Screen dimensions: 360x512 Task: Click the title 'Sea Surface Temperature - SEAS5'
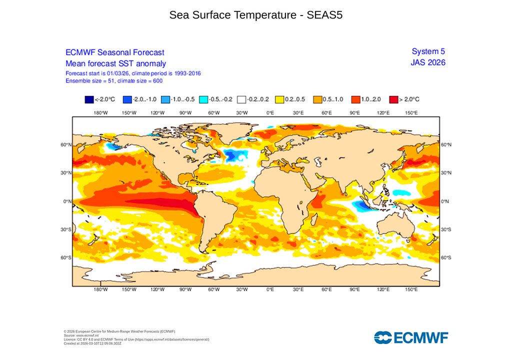click(x=255, y=15)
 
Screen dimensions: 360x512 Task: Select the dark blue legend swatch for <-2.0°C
click(x=89, y=99)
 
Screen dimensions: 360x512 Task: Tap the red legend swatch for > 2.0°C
click(x=394, y=99)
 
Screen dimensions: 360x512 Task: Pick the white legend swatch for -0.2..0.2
click(x=242, y=99)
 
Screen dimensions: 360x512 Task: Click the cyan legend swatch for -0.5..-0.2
click(x=203, y=99)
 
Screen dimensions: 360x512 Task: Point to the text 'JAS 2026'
click(x=427, y=62)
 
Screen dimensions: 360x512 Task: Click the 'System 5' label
click(x=428, y=51)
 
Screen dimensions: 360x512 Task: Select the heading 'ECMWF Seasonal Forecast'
click(x=114, y=52)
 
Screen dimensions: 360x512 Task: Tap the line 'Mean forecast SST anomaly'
click(x=115, y=63)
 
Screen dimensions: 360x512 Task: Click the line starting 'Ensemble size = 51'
click(x=113, y=80)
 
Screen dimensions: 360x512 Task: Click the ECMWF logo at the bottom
click(x=410, y=337)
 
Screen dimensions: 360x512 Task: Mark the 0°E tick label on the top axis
click(x=270, y=113)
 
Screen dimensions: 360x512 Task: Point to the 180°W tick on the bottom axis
click(x=100, y=289)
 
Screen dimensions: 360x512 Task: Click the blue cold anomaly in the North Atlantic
click(x=231, y=155)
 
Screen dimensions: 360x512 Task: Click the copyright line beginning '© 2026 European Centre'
click(x=119, y=331)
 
